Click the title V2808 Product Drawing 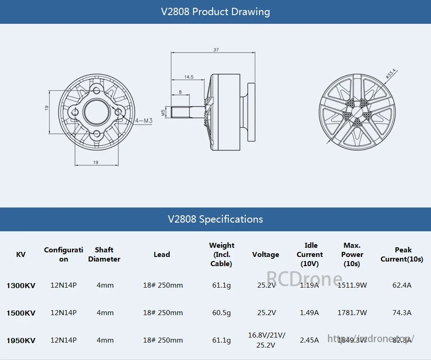(215, 12)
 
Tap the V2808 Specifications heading (215, 219)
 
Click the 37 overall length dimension (216, 49)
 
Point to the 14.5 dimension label (188, 76)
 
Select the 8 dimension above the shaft (180, 92)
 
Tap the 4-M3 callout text (144, 121)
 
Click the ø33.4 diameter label (391, 74)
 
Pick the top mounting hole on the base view (97, 90)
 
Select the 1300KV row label (21, 285)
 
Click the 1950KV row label (21, 340)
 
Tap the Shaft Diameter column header (104, 255)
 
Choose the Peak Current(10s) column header (402, 255)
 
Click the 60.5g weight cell (221, 313)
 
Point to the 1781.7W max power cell (352, 313)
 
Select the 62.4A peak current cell (402, 285)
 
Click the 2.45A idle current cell (309, 340)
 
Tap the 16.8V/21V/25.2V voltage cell (266, 340)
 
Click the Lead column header (161, 255)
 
